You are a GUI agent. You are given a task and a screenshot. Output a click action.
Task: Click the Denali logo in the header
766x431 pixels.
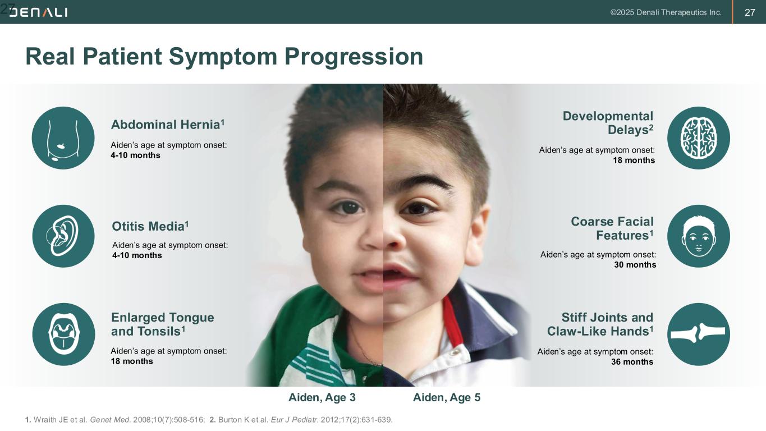[x=38, y=12]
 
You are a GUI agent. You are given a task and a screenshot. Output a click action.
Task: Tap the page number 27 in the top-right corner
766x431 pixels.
[x=750, y=13]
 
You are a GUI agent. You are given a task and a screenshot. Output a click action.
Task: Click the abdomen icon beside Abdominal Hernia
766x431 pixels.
[x=63, y=138]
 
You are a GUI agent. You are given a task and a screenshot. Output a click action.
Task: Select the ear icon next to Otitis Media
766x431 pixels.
[x=63, y=236]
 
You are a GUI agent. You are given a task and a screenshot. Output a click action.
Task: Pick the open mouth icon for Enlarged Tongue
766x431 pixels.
[x=63, y=334]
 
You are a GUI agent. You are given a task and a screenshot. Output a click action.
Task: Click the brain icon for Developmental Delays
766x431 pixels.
[x=698, y=138]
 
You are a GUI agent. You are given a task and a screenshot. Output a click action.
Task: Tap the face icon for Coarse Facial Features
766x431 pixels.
[x=698, y=236]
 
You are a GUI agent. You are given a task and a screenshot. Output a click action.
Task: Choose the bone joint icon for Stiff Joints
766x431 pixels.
[x=698, y=334]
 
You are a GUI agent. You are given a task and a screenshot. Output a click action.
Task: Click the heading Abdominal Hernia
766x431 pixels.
[x=168, y=124]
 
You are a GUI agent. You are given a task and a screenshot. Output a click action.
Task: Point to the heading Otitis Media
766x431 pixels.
[x=150, y=226]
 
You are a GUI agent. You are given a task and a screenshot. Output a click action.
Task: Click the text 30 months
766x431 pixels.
[x=635, y=265]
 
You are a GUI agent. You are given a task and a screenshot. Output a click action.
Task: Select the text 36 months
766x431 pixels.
[x=632, y=362]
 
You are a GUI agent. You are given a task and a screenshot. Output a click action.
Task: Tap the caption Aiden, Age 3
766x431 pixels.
[x=322, y=397]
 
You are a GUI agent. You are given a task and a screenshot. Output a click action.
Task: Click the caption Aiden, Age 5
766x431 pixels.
[x=447, y=397]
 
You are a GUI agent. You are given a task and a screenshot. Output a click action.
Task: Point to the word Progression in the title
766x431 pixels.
[x=354, y=57]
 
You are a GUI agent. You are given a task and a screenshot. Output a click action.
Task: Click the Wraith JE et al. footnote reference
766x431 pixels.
[x=115, y=420]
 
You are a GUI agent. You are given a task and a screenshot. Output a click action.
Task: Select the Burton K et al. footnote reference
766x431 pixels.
[x=301, y=420]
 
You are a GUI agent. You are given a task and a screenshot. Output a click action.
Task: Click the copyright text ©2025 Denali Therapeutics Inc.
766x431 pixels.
[x=666, y=13]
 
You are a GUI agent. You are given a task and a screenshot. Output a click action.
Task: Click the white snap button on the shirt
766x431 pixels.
[x=455, y=352]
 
